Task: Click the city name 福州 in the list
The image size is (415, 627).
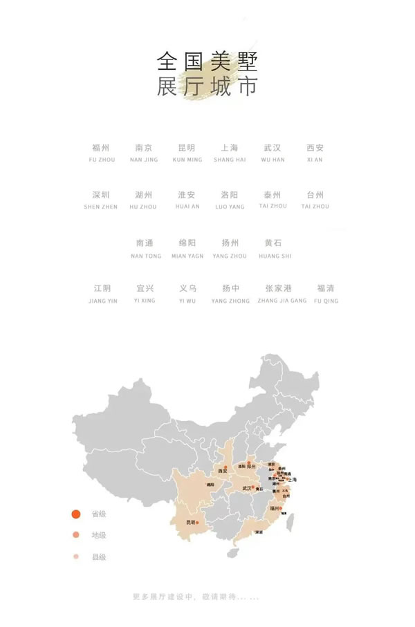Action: (x=100, y=148)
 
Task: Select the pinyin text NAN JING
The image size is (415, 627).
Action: (x=144, y=160)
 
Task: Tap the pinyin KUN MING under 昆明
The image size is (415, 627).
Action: (x=187, y=160)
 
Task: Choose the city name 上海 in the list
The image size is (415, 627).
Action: (x=230, y=148)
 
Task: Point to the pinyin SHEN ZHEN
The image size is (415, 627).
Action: (x=101, y=207)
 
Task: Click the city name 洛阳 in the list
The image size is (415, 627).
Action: (x=230, y=195)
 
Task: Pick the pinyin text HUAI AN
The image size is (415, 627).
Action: (x=187, y=207)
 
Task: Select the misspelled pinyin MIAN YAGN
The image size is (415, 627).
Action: (x=187, y=256)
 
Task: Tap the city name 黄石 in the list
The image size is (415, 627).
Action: (x=273, y=243)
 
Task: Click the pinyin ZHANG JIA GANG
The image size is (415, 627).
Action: (x=282, y=301)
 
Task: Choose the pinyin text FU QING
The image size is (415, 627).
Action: (x=326, y=301)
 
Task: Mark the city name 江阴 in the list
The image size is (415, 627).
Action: (x=102, y=288)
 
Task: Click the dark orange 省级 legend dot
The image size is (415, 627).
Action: (x=77, y=514)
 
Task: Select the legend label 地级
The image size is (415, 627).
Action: (x=99, y=535)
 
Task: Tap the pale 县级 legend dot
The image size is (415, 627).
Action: (x=77, y=556)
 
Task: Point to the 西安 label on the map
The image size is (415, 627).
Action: (x=222, y=471)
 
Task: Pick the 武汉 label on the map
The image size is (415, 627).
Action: (x=247, y=488)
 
